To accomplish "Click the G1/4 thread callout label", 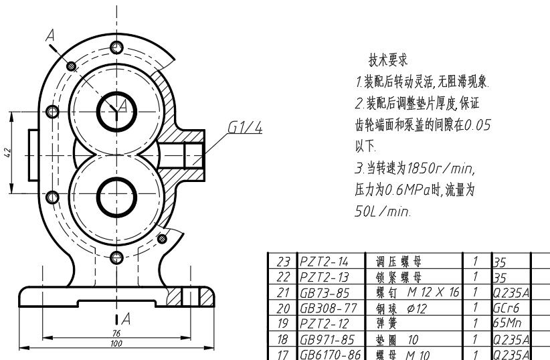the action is pos(245,127).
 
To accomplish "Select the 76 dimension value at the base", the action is pos(116,333).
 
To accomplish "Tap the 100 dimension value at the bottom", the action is pos(116,343).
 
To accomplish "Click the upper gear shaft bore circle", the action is pos(117,112).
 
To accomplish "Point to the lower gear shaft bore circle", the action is pos(117,197).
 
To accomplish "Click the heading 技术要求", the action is pos(388,60).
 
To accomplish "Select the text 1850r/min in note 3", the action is pos(440,168).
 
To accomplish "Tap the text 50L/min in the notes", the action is pos(382,211).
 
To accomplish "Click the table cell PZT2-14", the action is pos(324,262).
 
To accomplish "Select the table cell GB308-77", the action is pos(329,308).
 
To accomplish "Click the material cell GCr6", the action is pos(506,308).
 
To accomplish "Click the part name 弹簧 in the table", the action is pos(387,323).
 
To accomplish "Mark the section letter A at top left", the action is pos(50,35).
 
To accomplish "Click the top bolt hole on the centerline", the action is pos(117,48).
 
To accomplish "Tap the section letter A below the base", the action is pos(126,319).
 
